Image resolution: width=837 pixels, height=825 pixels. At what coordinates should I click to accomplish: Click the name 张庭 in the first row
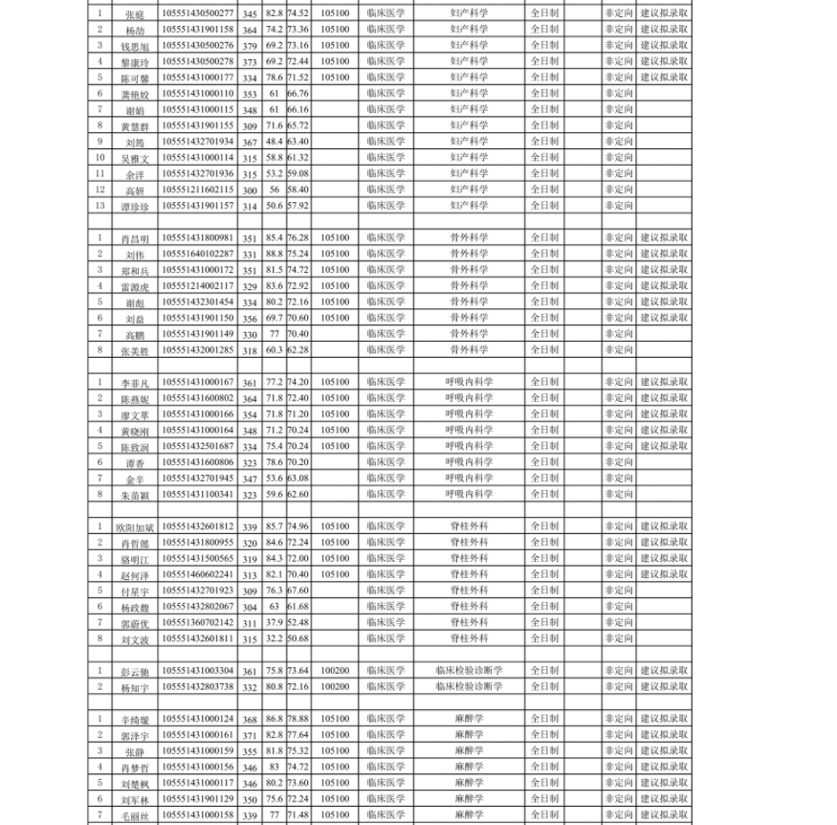pyautogui.click(x=135, y=14)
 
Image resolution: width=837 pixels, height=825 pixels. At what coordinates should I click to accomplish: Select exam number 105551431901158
pyautogui.click(x=198, y=30)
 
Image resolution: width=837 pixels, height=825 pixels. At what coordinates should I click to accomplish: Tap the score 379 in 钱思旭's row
pyautogui.click(x=250, y=45)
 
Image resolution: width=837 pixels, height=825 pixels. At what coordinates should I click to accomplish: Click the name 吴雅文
pyautogui.click(x=135, y=158)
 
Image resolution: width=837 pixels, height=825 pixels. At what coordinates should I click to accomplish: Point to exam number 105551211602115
pyautogui.click(x=198, y=190)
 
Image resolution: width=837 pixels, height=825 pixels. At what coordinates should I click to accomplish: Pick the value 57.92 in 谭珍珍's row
pyautogui.click(x=297, y=206)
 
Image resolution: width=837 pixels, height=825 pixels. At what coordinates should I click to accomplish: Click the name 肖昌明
pyautogui.click(x=135, y=238)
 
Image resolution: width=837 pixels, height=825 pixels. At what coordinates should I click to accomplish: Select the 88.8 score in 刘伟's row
pyautogui.click(x=274, y=254)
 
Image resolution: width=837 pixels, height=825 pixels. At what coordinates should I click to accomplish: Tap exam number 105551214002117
pyautogui.click(x=198, y=286)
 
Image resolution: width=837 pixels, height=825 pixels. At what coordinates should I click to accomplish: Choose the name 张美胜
pyautogui.click(x=135, y=351)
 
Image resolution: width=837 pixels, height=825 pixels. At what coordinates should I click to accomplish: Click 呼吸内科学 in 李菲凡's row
pyautogui.click(x=469, y=382)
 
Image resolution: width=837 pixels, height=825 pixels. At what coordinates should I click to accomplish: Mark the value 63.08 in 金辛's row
pyautogui.click(x=297, y=478)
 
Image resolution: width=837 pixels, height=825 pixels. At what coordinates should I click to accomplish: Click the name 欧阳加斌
pyautogui.click(x=135, y=527)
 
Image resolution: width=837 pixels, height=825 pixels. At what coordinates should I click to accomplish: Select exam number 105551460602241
pyautogui.click(x=198, y=574)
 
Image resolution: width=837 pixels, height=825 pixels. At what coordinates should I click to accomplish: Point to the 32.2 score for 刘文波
pyautogui.click(x=274, y=638)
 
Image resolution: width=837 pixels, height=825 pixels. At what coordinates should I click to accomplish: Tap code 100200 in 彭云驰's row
pyautogui.click(x=335, y=671)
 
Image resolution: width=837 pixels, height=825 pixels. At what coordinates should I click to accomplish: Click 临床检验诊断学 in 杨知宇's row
pyautogui.click(x=469, y=686)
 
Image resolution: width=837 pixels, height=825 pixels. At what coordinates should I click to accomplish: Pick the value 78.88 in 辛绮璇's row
pyautogui.click(x=297, y=718)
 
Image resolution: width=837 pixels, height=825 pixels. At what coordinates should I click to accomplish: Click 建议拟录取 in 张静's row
pyautogui.click(x=664, y=750)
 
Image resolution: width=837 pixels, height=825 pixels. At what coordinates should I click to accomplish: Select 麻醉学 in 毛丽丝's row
pyautogui.click(x=469, y=814)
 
